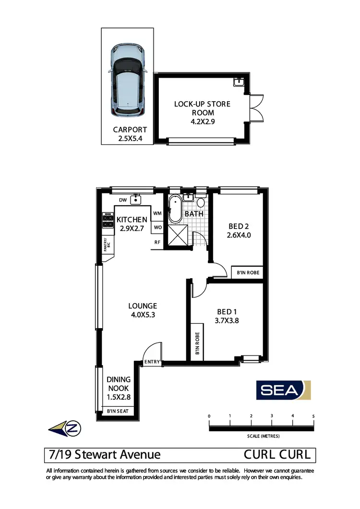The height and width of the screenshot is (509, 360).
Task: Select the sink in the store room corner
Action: click(x=239, y=82)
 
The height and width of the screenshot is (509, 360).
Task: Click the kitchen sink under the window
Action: click(x=137, y=199)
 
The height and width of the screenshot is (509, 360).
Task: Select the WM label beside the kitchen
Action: click(x=157, y=213)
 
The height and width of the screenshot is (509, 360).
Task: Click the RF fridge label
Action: click(x=157, y=242)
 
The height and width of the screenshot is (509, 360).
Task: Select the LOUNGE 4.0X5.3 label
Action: click(x=143, y=310)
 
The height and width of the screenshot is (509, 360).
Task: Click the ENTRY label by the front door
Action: click(x=151, y=362)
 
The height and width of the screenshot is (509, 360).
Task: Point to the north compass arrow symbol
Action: click(x=65, y=427)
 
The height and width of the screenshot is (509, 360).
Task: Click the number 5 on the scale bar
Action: click(x=313, y=416)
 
